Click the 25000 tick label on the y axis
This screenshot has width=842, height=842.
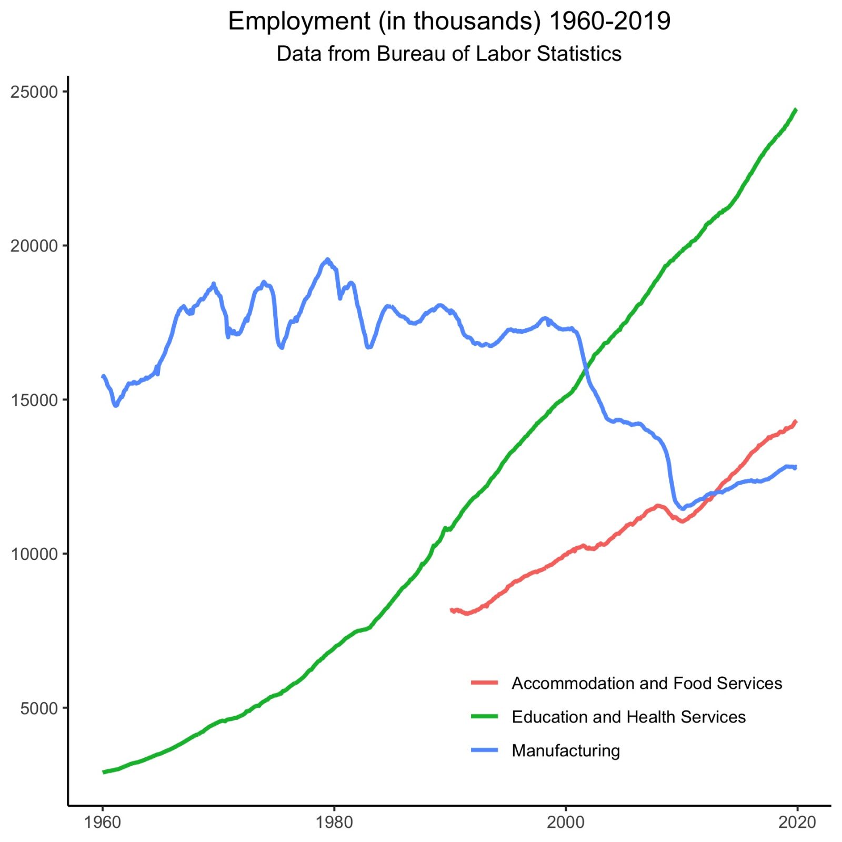tap(34, 92)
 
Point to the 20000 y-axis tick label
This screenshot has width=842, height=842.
tap(34, 246)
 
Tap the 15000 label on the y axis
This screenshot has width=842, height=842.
tap(34, 400)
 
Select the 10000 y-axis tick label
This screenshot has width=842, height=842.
tap(34, 554)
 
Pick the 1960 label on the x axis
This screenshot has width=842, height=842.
tap(103, 822)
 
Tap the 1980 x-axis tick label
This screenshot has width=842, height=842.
tap(334, 822)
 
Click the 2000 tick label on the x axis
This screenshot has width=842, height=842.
tap(566, 822)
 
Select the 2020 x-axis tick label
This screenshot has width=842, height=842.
tap(797, 822)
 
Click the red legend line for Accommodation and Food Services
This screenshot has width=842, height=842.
tap(484, 683)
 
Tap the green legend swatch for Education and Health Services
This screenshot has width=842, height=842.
tap(484, 717)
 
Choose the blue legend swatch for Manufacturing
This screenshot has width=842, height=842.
tap(484, 750)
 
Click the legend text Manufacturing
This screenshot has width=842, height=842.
tap(566, 750)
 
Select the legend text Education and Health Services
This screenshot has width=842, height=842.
tap(628, 717)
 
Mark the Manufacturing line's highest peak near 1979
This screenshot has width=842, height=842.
tap(327, 259)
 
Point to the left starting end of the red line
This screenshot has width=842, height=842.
tap(452, 610)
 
